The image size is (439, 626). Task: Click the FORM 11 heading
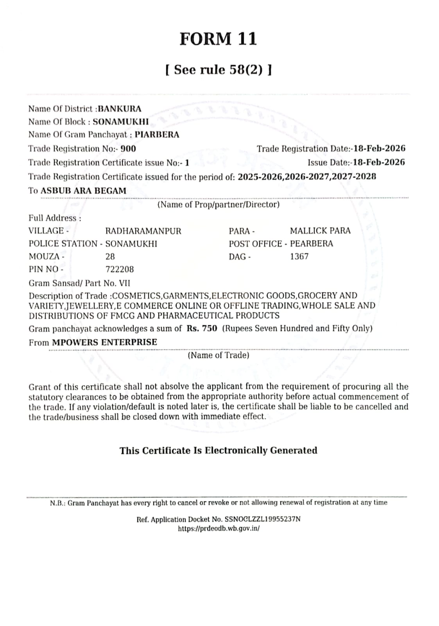218,39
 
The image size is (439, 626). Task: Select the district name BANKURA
120,109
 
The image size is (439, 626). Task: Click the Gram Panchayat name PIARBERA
157,135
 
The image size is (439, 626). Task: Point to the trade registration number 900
128,149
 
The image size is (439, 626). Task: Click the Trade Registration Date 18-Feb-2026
379,149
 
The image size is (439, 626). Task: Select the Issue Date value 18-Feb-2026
379,162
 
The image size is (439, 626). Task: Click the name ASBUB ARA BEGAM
84,191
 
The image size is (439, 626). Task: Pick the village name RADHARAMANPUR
143,231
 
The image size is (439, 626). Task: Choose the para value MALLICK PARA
320,231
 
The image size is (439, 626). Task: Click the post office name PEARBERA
312,244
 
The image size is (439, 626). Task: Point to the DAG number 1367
299,257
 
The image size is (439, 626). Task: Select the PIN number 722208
120,270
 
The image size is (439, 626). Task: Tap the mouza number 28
110,257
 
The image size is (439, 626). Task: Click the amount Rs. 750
202,329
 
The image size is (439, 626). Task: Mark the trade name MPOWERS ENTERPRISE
105,342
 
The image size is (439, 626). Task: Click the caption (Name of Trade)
219,355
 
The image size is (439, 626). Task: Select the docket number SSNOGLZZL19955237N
262,520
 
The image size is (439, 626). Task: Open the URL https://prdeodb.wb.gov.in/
219,529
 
